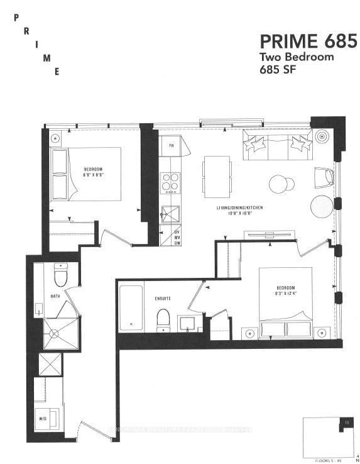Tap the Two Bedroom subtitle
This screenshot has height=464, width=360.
(x=297, y=57)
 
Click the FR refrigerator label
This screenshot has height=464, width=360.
(x=170, y=148)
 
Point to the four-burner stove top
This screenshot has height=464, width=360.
(x=170, y=182)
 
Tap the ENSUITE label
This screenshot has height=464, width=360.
(x=162, y=299)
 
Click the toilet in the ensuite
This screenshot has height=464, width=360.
(x=163, y=319)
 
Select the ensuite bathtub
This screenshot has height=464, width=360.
(x=131, y=308)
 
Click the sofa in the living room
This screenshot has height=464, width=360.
(x=277, y=145)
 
